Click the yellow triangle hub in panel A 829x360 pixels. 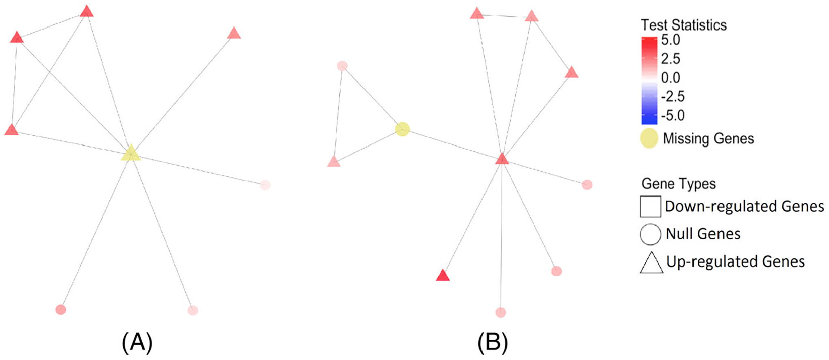coord(131,153)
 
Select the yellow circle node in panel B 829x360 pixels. coord(402,129)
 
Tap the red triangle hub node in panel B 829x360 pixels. coord(502,159)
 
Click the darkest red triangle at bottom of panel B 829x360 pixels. coord(443,276)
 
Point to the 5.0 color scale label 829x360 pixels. coord(671,40)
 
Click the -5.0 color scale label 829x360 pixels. coord(673,115)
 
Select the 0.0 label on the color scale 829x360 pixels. coord(671,78)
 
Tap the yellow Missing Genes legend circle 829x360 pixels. coord(649,138)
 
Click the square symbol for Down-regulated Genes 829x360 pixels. coord(650,206)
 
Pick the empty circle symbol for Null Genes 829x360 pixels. coord(650,234)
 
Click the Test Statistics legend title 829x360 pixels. coord(684,25)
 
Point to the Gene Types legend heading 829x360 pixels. coord(678,184)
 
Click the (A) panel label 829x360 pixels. coord(137,342)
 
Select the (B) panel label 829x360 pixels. coord(493,342)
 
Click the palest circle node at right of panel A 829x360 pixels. coord(265,185)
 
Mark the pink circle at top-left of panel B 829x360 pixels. coord(342,66)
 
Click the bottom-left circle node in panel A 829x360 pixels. coord(61,310)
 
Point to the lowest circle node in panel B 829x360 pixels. coord(501,312)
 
